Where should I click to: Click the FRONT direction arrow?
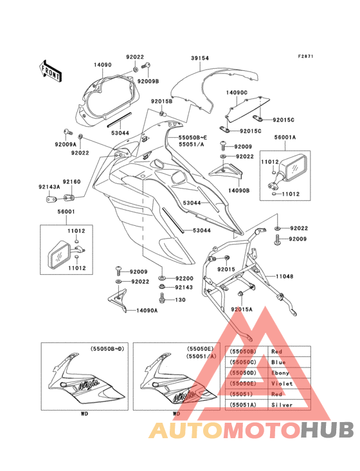click(50, 71)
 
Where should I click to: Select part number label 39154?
click(200, 59)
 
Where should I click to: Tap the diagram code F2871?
click(305, 56)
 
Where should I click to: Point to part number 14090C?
click(237, 93)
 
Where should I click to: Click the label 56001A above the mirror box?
click(285, 137)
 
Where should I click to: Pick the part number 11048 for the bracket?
click(285, 276)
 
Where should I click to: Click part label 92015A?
click(242, 309)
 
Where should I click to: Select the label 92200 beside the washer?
click(184, 279)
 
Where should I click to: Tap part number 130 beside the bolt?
click(180, 300)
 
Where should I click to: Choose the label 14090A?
click(147, 311)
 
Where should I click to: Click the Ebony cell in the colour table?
click(280, 373)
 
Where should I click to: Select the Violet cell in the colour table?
click(282, 383)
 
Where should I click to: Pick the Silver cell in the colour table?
click(282, 405)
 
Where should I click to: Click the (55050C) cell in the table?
click(243, 362)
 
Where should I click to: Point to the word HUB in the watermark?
click(328, 430)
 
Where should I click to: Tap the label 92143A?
click(50, 187)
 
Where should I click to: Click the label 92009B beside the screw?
click(148, 81)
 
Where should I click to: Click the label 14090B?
click(239, 190)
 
